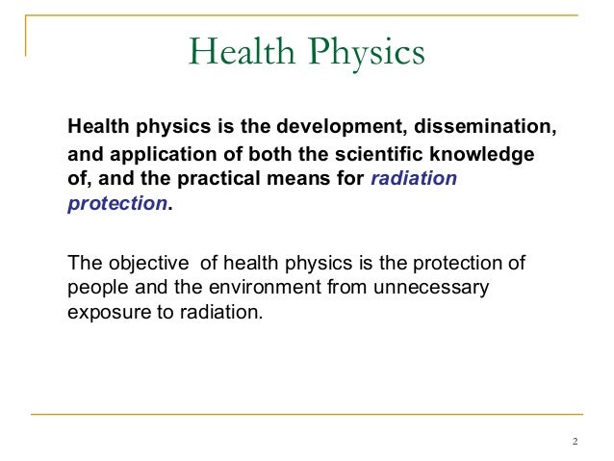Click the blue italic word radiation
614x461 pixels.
tap(414, 179)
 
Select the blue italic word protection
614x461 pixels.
tap(116, 204)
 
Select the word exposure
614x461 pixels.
tap(103, 313)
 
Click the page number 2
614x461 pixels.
tap(575, 442)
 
